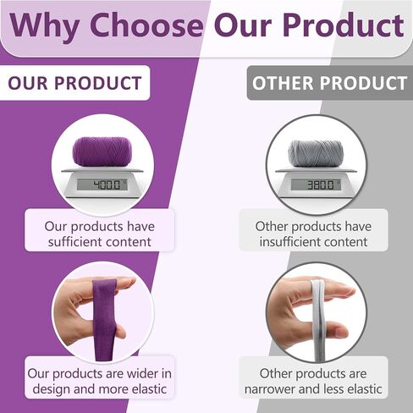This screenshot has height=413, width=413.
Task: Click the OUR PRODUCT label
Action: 74,83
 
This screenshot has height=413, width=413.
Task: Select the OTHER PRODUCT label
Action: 329,83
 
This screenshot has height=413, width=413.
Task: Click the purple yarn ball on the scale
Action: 101,151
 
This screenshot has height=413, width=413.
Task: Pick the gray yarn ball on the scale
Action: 316,153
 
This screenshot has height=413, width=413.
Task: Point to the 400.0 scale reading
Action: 107,185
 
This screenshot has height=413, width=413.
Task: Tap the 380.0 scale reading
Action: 321,185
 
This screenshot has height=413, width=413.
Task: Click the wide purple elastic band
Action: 105,320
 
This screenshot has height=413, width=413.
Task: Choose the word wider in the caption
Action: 142,374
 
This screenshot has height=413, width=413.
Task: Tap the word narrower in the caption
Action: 269,389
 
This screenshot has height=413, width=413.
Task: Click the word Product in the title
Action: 344,25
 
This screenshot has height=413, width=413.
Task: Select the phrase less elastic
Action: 353,389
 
